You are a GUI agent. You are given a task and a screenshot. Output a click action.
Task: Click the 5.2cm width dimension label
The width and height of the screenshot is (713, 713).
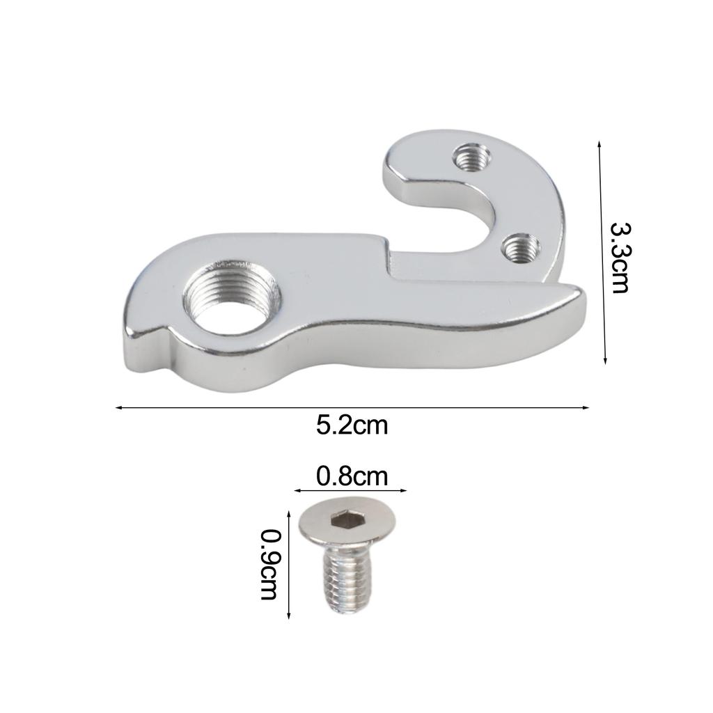tap(352, 425)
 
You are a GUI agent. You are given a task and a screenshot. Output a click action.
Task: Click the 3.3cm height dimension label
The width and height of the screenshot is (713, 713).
tap(619, 258)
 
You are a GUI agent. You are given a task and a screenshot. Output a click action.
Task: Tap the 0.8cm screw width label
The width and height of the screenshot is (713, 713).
tap(352, 476)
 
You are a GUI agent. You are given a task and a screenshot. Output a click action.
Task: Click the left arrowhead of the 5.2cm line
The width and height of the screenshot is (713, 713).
tap(118, 407)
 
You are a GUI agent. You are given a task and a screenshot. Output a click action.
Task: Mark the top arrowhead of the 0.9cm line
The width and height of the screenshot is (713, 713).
tap(289, 512)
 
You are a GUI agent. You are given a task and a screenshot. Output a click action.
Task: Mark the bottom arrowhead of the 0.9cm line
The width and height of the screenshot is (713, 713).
tap(289, 616)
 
